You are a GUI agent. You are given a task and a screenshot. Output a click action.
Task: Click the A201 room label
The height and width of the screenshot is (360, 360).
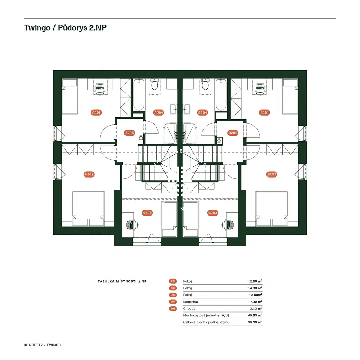coord(96,112)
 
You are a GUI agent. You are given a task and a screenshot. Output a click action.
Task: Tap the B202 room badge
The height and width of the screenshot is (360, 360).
coord(272,174)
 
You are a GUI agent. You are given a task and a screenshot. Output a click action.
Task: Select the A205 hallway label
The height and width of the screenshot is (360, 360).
coord(129,133)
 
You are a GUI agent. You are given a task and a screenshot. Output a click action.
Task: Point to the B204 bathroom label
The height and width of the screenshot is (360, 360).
coord(202,112)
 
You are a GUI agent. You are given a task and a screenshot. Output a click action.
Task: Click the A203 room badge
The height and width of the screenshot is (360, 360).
coord(147,213)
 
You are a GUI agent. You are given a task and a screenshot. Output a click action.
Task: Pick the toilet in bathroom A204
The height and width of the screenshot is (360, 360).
coord(155,84)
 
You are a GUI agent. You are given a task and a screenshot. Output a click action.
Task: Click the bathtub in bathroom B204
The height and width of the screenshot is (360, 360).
coord(221,95)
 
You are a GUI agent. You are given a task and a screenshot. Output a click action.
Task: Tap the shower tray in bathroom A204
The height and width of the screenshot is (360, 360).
coord(170,133)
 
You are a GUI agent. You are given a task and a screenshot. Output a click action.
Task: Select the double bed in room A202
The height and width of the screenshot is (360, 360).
coord(88,208)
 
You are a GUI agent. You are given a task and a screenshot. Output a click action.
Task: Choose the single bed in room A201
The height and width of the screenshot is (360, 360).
coord(70,97)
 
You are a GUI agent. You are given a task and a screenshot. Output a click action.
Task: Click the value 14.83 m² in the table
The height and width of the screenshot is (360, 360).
coord(255,288)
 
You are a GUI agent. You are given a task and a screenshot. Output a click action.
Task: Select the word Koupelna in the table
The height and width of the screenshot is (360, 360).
coord(190,302)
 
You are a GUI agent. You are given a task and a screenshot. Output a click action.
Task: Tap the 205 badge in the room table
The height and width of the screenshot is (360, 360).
coord(173,309)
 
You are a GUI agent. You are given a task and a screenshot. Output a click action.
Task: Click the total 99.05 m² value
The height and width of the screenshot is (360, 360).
coord(255,322)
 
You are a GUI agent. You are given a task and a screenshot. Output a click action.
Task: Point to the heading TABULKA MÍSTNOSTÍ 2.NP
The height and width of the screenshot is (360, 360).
coord(122,281)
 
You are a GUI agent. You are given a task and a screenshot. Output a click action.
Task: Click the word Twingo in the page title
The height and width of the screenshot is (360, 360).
coord(37,27)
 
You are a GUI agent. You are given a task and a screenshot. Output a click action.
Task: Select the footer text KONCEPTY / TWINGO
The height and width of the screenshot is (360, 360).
coord(43,345)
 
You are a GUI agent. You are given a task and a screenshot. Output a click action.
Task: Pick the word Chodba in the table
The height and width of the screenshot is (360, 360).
coord(189,309)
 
